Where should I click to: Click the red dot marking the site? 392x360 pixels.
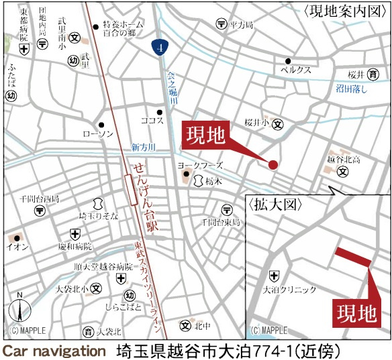pos(273,165)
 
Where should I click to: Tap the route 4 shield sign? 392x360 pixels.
pos(156,47)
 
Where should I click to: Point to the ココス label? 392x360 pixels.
pos(152,121)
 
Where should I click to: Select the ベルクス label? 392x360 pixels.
pos(295,69)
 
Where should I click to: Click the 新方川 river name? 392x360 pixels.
pos(142,147)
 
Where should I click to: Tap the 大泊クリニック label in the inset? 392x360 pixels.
pos(289,290)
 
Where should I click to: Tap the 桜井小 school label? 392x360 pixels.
pos(256,123)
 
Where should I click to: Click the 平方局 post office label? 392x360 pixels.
pos(240,24)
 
